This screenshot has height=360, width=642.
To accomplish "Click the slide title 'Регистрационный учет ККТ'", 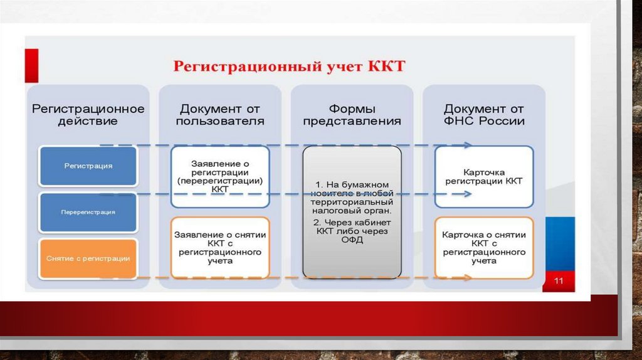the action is (289, 66).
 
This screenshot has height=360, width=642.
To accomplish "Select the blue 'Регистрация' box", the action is (88, 166).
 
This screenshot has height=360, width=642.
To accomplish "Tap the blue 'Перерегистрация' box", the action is (88, 213).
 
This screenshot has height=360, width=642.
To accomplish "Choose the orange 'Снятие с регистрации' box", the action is (88, 258).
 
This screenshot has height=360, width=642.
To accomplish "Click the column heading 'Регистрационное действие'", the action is (88, 115).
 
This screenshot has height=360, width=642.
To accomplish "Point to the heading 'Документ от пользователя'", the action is (220, 115).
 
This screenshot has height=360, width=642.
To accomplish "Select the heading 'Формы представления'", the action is (352, 115).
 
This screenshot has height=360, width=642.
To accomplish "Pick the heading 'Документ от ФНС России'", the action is (483, 115).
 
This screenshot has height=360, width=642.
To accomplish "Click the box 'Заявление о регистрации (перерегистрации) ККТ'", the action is (220, 176).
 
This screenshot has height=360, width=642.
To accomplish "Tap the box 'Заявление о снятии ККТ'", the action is (220, 247).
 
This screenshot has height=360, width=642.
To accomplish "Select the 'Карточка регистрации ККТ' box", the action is (483, 176).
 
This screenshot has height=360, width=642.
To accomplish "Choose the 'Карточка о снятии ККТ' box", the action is (483, 247).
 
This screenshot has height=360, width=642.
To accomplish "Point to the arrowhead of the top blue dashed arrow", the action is (468, 146).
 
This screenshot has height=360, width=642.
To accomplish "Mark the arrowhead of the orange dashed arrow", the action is (468, 277).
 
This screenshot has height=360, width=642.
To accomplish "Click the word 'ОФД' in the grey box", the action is (352, 240).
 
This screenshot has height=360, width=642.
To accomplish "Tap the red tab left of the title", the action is (31, 65).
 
